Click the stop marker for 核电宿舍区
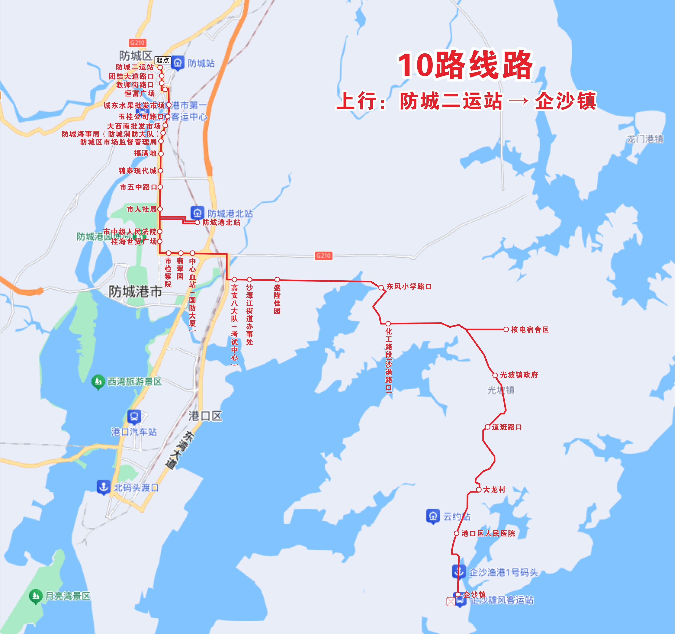506,329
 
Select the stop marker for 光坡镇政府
495,375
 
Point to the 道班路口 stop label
507,427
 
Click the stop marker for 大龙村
479,490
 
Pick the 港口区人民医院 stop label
488,533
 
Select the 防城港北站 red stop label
221,223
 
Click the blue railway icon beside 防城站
177,63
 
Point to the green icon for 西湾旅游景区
98,382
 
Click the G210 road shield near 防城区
137,43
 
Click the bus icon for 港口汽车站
134,417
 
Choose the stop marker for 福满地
161,154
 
